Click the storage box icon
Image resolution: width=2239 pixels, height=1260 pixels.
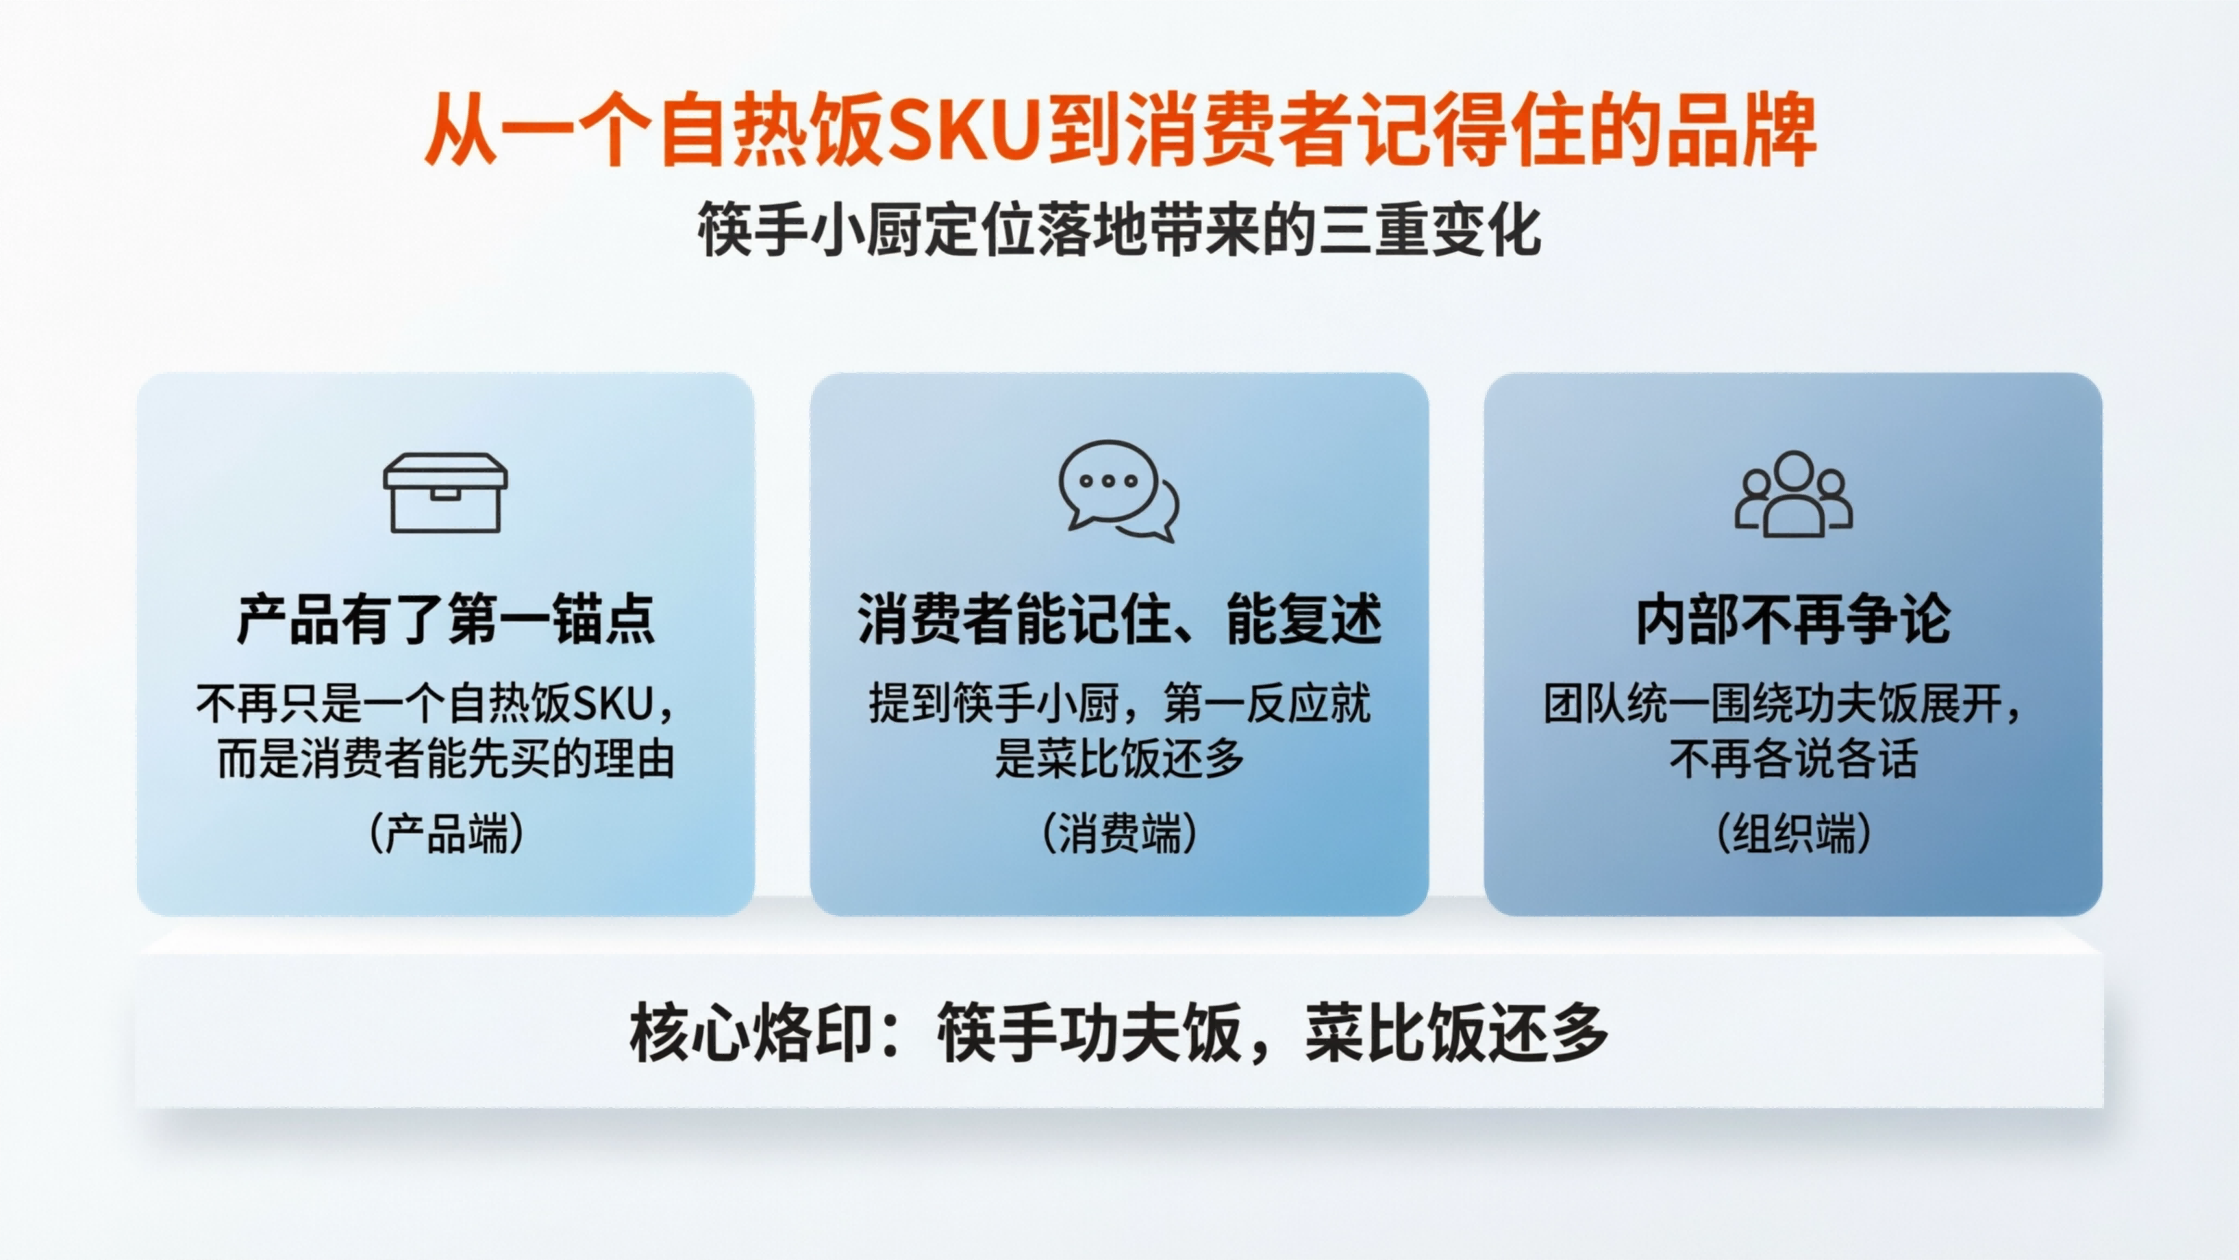click(445, 493)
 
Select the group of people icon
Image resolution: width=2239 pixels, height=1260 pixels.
click(1793, 493)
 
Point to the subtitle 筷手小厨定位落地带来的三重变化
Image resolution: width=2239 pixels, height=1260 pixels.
click(1119, 230)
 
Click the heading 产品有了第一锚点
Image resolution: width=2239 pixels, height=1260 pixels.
click(445, 619)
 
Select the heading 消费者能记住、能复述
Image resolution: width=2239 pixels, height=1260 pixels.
click(1119, 619)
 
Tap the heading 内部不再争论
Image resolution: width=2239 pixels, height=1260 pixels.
click(1793, 619)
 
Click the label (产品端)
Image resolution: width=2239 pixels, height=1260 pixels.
click(446, 833)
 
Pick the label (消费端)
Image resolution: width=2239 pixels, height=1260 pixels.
click(1119, 833)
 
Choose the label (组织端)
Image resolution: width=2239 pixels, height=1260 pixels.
click(1793, 833)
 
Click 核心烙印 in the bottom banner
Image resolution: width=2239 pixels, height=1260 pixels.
click(750, 1034)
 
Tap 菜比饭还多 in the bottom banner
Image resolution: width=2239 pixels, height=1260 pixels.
click(1456, 1034)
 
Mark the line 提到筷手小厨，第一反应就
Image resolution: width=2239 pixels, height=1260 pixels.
click(1119, 704)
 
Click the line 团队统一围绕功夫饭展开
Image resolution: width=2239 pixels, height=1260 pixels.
click(1773, 704)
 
